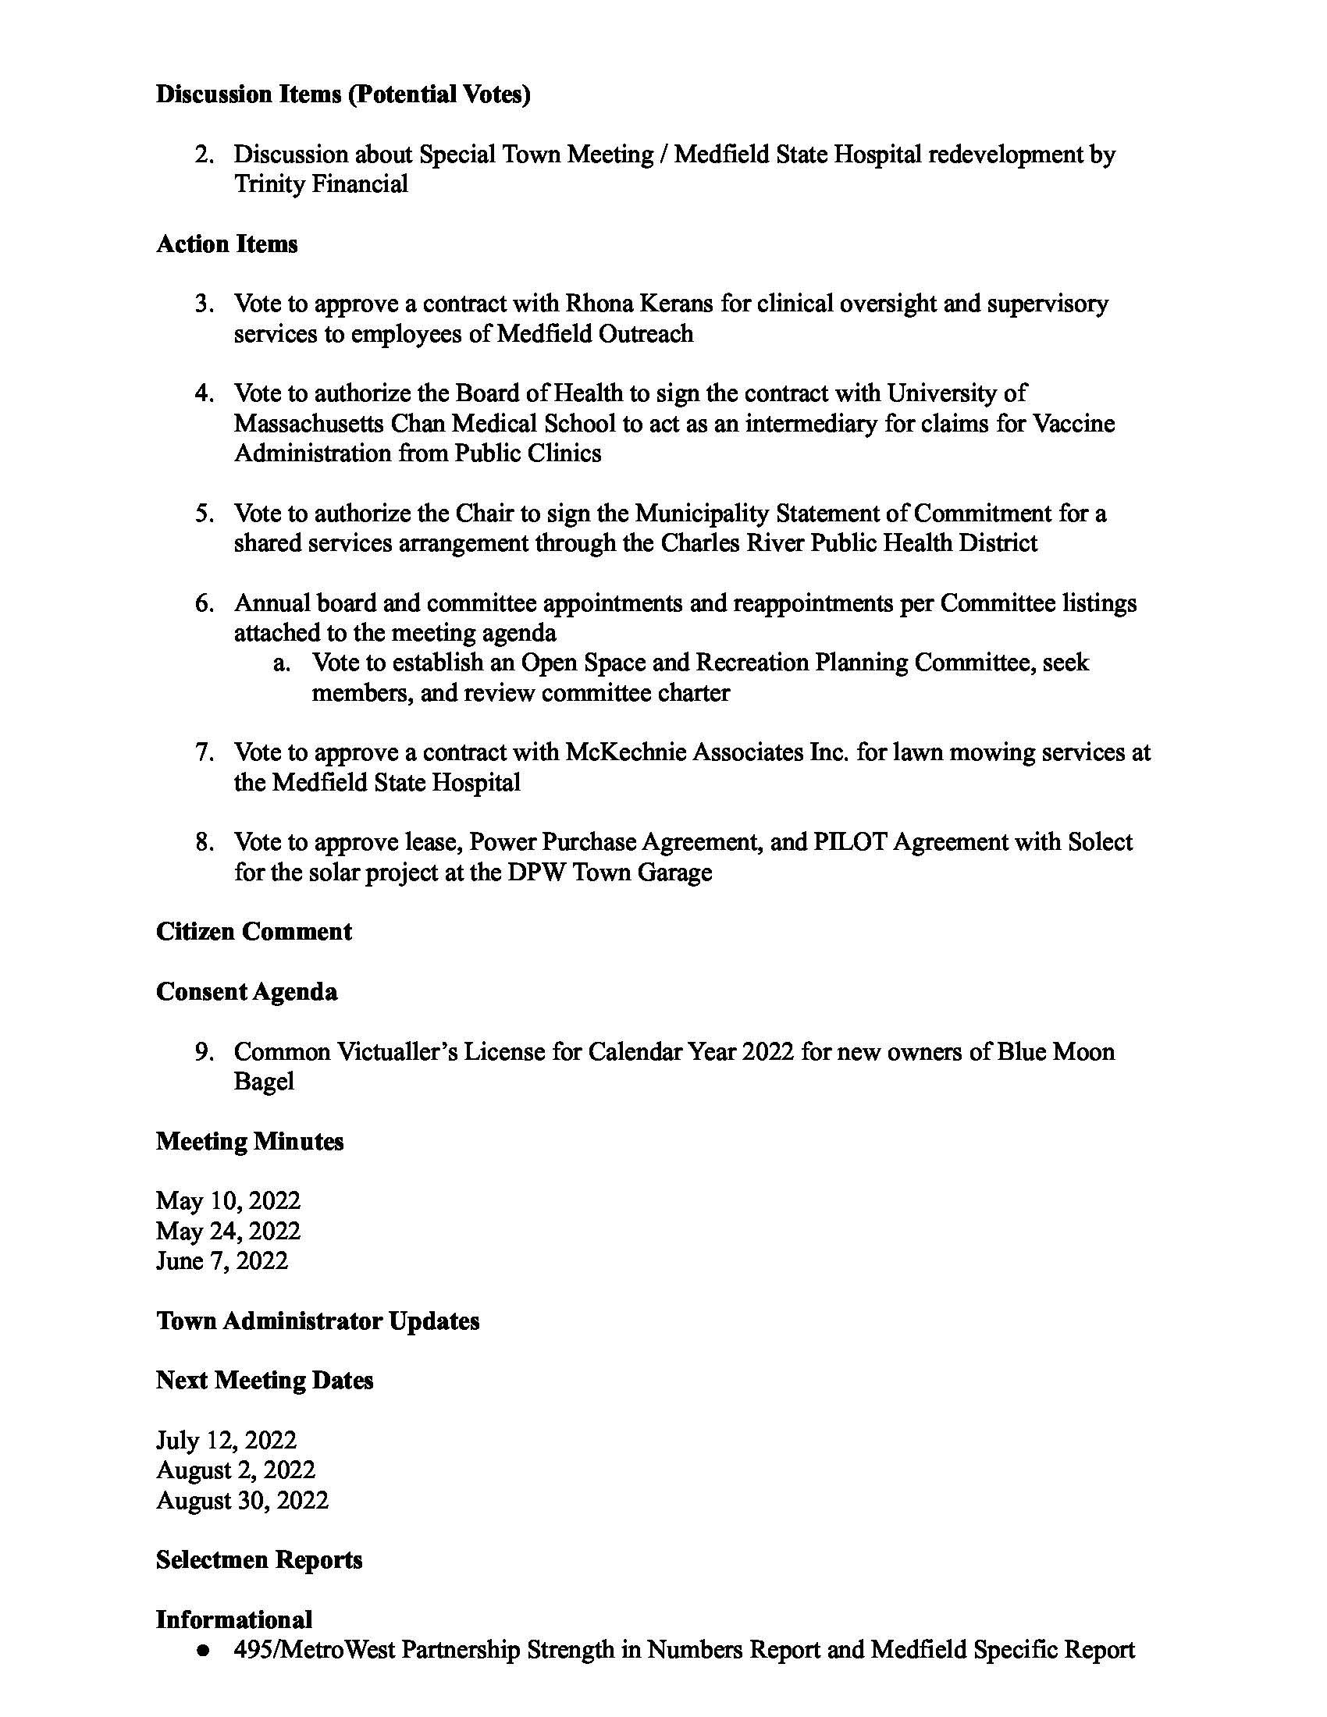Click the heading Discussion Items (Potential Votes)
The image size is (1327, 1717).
pos(343,94)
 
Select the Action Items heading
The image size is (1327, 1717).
pos(226,244)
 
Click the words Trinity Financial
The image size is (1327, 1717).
pos(321,184)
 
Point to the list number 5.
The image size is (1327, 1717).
pos(205,514)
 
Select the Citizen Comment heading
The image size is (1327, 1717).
pos(254,932)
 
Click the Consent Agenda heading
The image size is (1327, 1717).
pos(247,991)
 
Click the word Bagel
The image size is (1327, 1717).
pos(264,1082)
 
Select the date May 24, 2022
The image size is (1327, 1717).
pos(228,1231)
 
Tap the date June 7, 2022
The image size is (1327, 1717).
pos(222,1261)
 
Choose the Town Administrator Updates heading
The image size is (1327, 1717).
pos(318,1321)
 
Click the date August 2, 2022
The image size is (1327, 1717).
pos(236,1470)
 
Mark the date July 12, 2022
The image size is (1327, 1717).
pos(226,1440)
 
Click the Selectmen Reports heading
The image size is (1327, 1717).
pos(259,1560)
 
